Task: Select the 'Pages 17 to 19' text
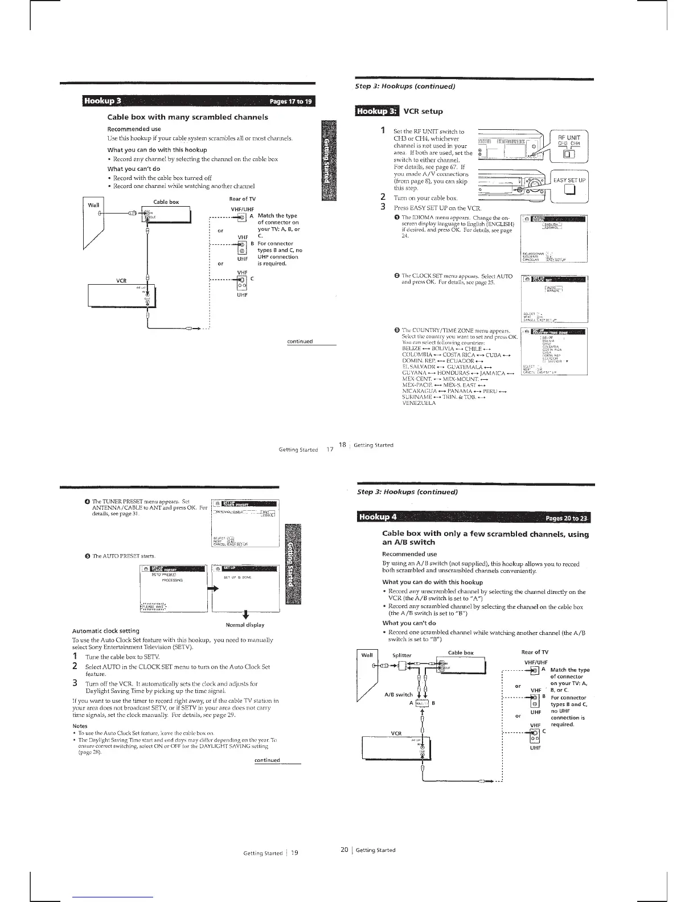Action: tap(290, 102)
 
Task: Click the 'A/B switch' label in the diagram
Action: tap(397, 694)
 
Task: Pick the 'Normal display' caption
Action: tap(245, 625)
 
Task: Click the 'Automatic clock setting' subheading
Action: tap(106, 631)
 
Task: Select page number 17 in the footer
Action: tap(329, 449)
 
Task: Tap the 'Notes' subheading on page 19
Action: tap(80, 726)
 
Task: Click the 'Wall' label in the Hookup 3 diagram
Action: tap(93, 204)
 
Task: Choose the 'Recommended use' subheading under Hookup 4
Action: tap(409, 553)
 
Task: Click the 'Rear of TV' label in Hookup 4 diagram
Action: tap(535, 652)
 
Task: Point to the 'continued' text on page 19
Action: tap(267, 760)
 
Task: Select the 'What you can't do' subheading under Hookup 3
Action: tap(134, 169)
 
